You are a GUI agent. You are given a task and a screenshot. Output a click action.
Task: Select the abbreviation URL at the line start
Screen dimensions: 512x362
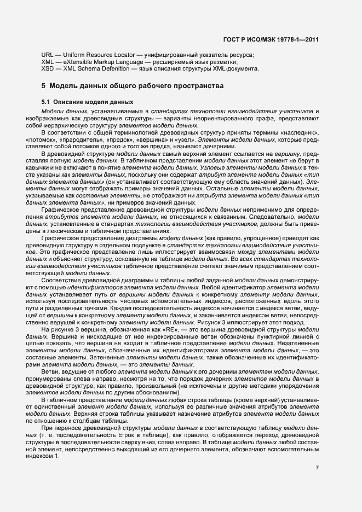48,56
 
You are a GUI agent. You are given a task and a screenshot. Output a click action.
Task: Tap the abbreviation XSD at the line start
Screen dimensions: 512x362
48,69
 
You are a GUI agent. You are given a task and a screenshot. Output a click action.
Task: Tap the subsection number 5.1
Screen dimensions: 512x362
46,102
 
